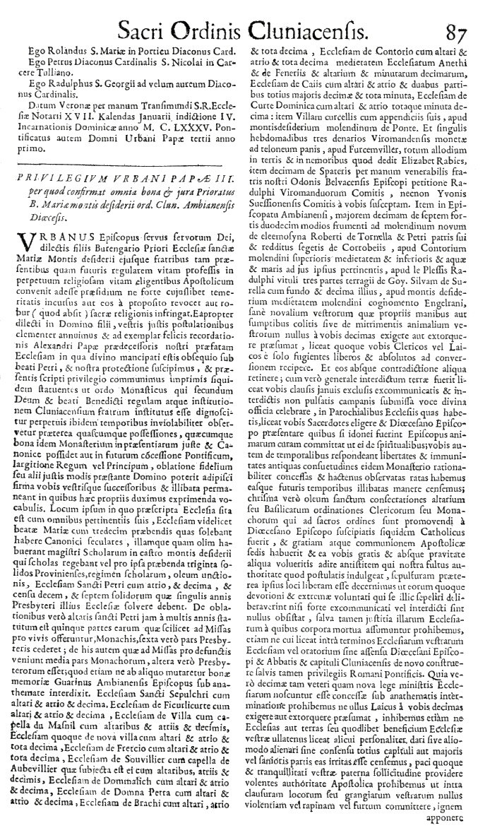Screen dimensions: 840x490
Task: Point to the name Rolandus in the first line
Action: tap(57, 50)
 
